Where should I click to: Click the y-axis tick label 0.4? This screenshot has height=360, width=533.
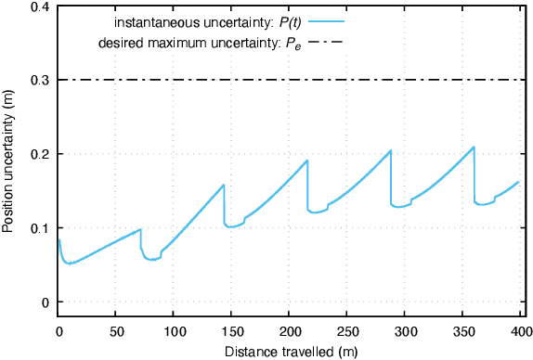coord(40,7)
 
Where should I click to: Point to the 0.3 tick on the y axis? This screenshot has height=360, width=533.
coord(40,81)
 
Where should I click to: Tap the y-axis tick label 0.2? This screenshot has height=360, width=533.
coord(40,154)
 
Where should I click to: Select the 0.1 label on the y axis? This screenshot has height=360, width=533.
coord(40,228)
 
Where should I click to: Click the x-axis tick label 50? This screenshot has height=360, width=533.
coord(116,332)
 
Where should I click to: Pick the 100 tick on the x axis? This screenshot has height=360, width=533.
coord(174,332)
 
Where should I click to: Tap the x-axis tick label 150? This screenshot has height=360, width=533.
coord(231,332)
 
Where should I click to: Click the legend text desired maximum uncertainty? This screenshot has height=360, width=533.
coord(183,45)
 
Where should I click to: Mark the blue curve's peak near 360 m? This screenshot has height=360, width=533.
coord(474,147)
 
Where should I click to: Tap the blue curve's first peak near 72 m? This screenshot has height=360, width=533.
coord(140,229)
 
